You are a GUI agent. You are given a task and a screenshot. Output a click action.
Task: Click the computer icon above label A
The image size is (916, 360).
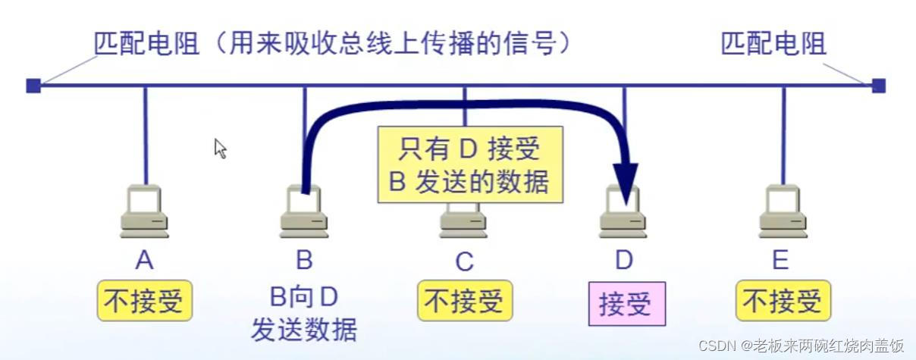144,210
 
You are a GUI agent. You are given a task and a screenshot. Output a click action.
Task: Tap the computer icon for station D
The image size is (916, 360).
623,211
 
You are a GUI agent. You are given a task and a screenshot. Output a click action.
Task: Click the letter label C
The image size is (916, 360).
464,261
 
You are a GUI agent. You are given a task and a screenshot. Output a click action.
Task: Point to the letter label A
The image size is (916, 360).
144,261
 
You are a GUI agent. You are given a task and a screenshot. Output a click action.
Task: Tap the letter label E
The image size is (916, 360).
780,261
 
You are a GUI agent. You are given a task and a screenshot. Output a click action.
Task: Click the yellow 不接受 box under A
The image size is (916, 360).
144,301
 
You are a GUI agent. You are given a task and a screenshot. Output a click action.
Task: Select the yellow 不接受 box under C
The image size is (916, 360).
464,301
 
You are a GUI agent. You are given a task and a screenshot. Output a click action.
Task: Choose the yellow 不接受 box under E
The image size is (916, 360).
783,301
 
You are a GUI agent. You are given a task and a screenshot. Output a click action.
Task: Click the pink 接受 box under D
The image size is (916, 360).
626,304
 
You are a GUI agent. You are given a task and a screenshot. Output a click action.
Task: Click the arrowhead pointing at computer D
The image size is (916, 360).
625,186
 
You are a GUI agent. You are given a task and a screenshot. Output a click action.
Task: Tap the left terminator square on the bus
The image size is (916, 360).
33,86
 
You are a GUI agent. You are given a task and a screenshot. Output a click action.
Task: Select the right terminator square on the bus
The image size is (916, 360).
878,86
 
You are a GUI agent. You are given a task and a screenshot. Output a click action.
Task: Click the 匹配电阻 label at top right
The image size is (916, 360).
773,44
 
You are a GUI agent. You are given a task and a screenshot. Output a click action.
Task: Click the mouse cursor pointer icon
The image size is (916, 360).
220,148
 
